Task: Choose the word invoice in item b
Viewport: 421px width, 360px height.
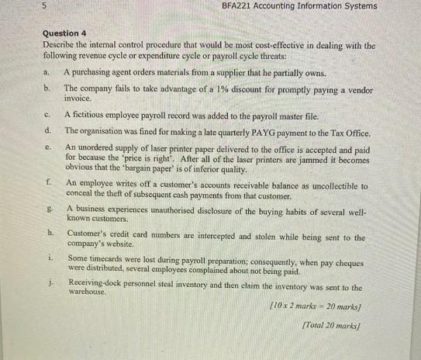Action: [x=80, y=99]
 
